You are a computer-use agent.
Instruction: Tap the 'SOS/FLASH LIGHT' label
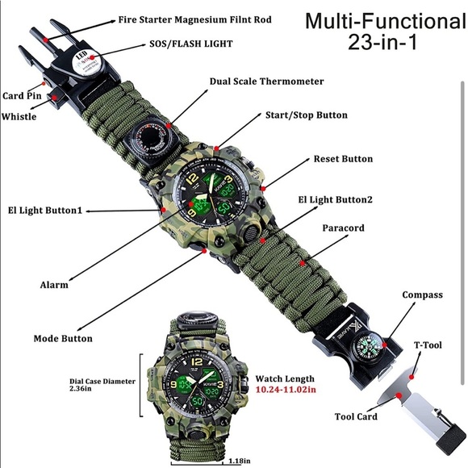click(x=193, y=45)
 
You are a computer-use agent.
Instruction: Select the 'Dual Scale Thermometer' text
click(x=267, y=81)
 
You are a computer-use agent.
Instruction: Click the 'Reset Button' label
click(x=343, y=159)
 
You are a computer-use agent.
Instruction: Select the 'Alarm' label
click(x=54, y=284)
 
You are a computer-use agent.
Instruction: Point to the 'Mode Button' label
click(x=63, y=338)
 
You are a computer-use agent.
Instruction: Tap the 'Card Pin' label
click(x=21, y=95)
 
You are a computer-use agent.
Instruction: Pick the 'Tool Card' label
click(x=356, y=417)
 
